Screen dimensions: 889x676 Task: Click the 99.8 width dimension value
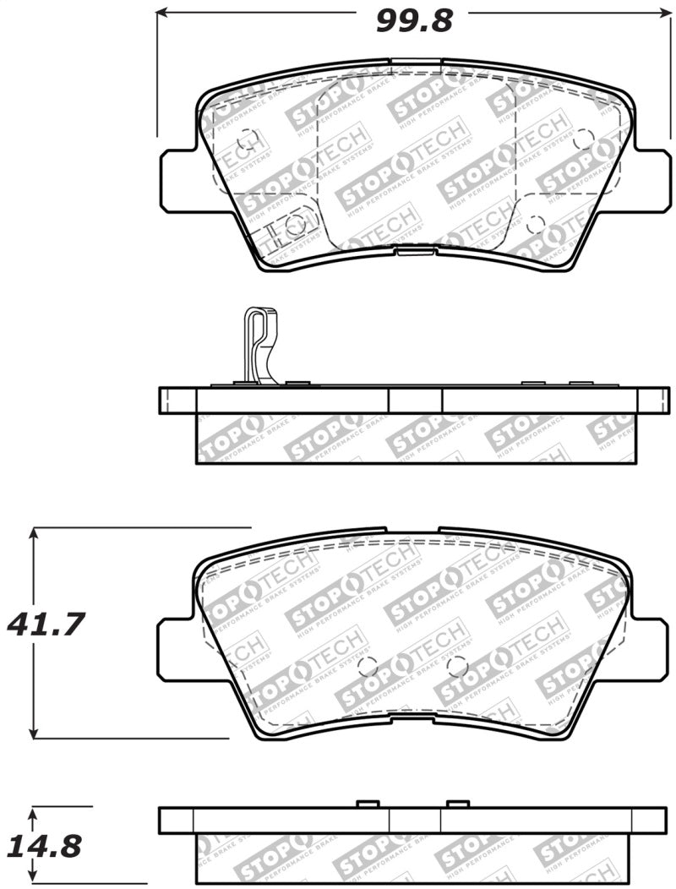(x=414, y=19)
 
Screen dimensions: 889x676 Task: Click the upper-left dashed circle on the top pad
(x=247, y=138)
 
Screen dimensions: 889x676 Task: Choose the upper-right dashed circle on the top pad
(x=583, y=139)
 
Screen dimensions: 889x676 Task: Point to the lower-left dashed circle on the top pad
(x=295, y=225)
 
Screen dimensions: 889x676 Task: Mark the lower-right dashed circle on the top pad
(x=535, y=225)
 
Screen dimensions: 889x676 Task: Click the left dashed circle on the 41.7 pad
(x=368, y=667)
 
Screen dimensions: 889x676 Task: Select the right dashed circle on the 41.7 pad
(x=457, y=667)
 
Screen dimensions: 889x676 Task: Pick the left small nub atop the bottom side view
(x=367, y=802)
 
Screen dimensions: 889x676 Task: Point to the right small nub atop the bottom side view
(x=457, y=802)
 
